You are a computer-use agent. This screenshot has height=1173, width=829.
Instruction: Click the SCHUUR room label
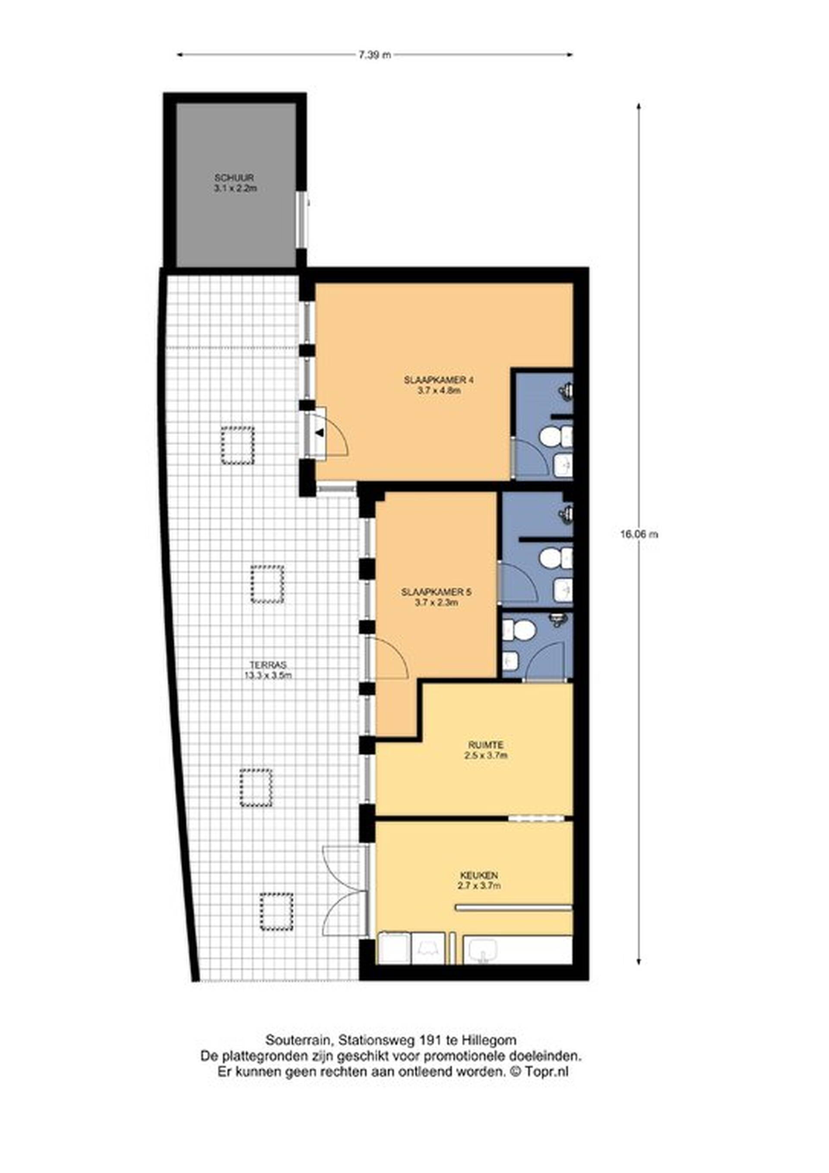[x=234, y=178]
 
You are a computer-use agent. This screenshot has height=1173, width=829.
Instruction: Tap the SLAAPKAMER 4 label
[x=435, y=380]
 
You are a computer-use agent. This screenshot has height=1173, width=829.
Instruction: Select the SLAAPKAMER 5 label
[x=436, y=593]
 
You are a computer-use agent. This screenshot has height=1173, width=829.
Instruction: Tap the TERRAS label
[x=268, y=665]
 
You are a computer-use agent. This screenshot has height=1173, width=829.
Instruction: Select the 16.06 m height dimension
[x=639, y=534]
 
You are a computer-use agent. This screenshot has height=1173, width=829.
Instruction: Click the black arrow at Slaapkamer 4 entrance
[x=320, y=433]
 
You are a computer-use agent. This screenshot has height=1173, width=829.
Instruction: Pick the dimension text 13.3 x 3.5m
[x=268, y=675]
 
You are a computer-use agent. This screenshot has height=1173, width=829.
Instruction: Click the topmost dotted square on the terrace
[x=237, y=445]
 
